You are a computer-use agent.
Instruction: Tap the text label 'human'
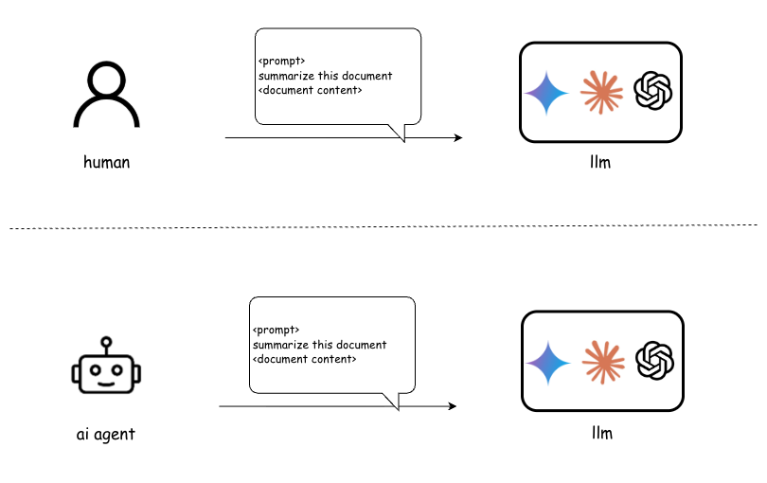[106, 162]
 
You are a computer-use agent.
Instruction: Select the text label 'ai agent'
[106, 435]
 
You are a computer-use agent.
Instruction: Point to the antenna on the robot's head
[106, 341]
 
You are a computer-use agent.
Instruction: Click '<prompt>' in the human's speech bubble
[281, 62]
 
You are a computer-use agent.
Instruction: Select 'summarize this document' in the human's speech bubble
[325, 76]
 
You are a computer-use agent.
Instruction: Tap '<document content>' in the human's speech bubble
[310, 90]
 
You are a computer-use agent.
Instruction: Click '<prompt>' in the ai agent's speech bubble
[276, 331]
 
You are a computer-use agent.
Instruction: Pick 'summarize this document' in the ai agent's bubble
[319, 345]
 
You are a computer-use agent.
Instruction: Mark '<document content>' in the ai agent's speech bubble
[304, 359]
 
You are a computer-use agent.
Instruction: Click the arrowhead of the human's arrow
[458, 138]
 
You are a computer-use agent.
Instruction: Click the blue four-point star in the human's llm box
[547, 92]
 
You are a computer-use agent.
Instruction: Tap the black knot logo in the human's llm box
[653, 92]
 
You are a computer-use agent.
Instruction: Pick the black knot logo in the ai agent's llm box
[655, 361]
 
